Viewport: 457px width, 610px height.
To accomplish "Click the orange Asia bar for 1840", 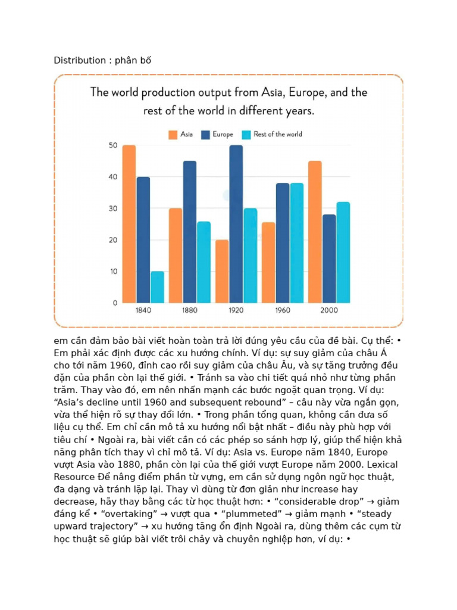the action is point(129,224).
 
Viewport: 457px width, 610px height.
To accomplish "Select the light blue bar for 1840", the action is point(157,287).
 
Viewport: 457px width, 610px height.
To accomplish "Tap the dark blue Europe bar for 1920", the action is point(236,224).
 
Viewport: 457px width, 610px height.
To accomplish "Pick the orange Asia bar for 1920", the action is point(222,272).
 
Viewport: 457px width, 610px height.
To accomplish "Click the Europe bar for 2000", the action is point(328,259).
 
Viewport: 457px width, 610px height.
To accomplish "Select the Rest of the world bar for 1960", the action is point(296,243).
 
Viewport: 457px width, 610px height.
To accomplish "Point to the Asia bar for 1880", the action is point(176,256).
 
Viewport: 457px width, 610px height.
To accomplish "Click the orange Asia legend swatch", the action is point(173,135).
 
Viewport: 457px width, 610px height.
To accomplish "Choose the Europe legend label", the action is point(223,134).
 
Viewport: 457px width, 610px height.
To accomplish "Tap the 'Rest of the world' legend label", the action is point(278,134).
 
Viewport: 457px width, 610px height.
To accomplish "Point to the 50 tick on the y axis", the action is point(113,145).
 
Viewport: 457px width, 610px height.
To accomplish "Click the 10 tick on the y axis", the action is point(114,272).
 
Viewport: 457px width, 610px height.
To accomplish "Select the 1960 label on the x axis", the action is point(283,310).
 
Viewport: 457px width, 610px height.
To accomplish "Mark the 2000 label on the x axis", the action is point(328,310).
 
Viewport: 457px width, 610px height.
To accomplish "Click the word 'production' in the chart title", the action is point(168,93).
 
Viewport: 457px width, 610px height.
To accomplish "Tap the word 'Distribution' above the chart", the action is point(80,60).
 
